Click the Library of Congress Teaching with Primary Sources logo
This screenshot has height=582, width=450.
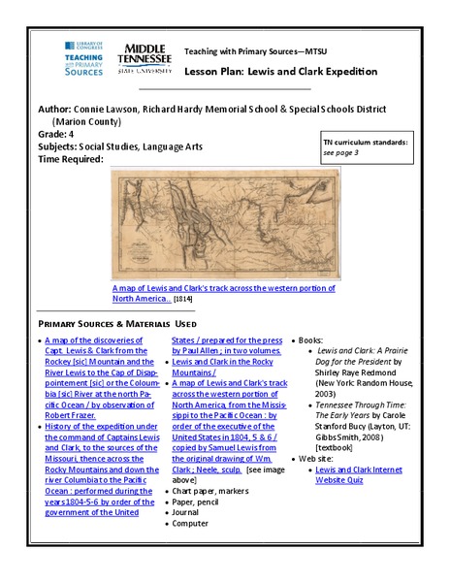coord(84,58)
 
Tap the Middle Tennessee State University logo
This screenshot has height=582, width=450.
coord(144,57)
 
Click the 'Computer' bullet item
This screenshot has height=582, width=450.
coord(191,524)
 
